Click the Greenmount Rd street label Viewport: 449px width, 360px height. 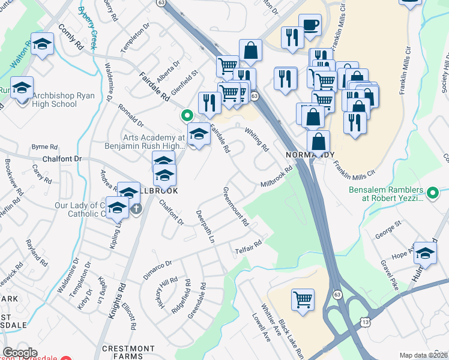pyautogui.click(x=236, y=206)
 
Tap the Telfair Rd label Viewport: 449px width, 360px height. pyautogui.click(x=249, y=246)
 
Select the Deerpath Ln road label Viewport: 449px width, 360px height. pyautogui.click(x=205, y=226)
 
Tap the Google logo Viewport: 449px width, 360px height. pyautogui.click(x=20, y=353)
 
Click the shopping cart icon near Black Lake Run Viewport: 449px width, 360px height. pyautogui.click(x=303, y=299)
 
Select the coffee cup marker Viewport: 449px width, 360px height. pyautogui.click(x=310, y=25)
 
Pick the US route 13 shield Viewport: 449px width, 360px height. pyautogui.click(x=365, y=321)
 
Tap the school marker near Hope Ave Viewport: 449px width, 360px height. pyautogui.click(x=425, y=254)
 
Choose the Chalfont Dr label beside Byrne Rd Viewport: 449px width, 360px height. pyautogui.click(x=62, y=160)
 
